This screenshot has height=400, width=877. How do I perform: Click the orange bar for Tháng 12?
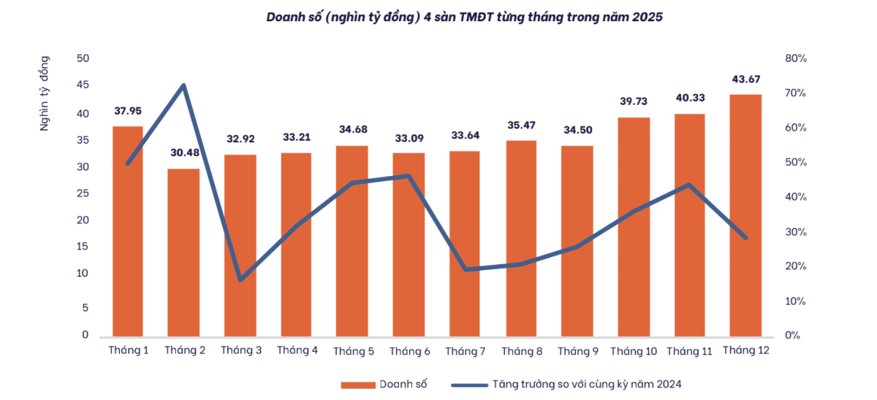click(745, 215)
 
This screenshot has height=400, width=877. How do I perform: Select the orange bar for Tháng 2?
click(183, 252)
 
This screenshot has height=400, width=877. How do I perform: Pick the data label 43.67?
click(745, 79)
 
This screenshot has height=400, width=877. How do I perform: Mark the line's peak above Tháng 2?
click(183, 85)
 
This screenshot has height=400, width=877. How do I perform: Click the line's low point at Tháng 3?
click(240, 280)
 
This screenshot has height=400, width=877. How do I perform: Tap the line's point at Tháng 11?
click(689, 185)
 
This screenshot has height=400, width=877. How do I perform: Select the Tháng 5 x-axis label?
click(354, 351)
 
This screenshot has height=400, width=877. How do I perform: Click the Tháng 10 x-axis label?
click(633, 351)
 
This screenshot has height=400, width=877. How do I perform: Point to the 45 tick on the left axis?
click(82, 85)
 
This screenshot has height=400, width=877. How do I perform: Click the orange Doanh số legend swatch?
click(357, 384)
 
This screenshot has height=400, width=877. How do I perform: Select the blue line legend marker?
click(468, 384)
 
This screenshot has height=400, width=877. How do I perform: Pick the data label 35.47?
click(521, 125)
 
